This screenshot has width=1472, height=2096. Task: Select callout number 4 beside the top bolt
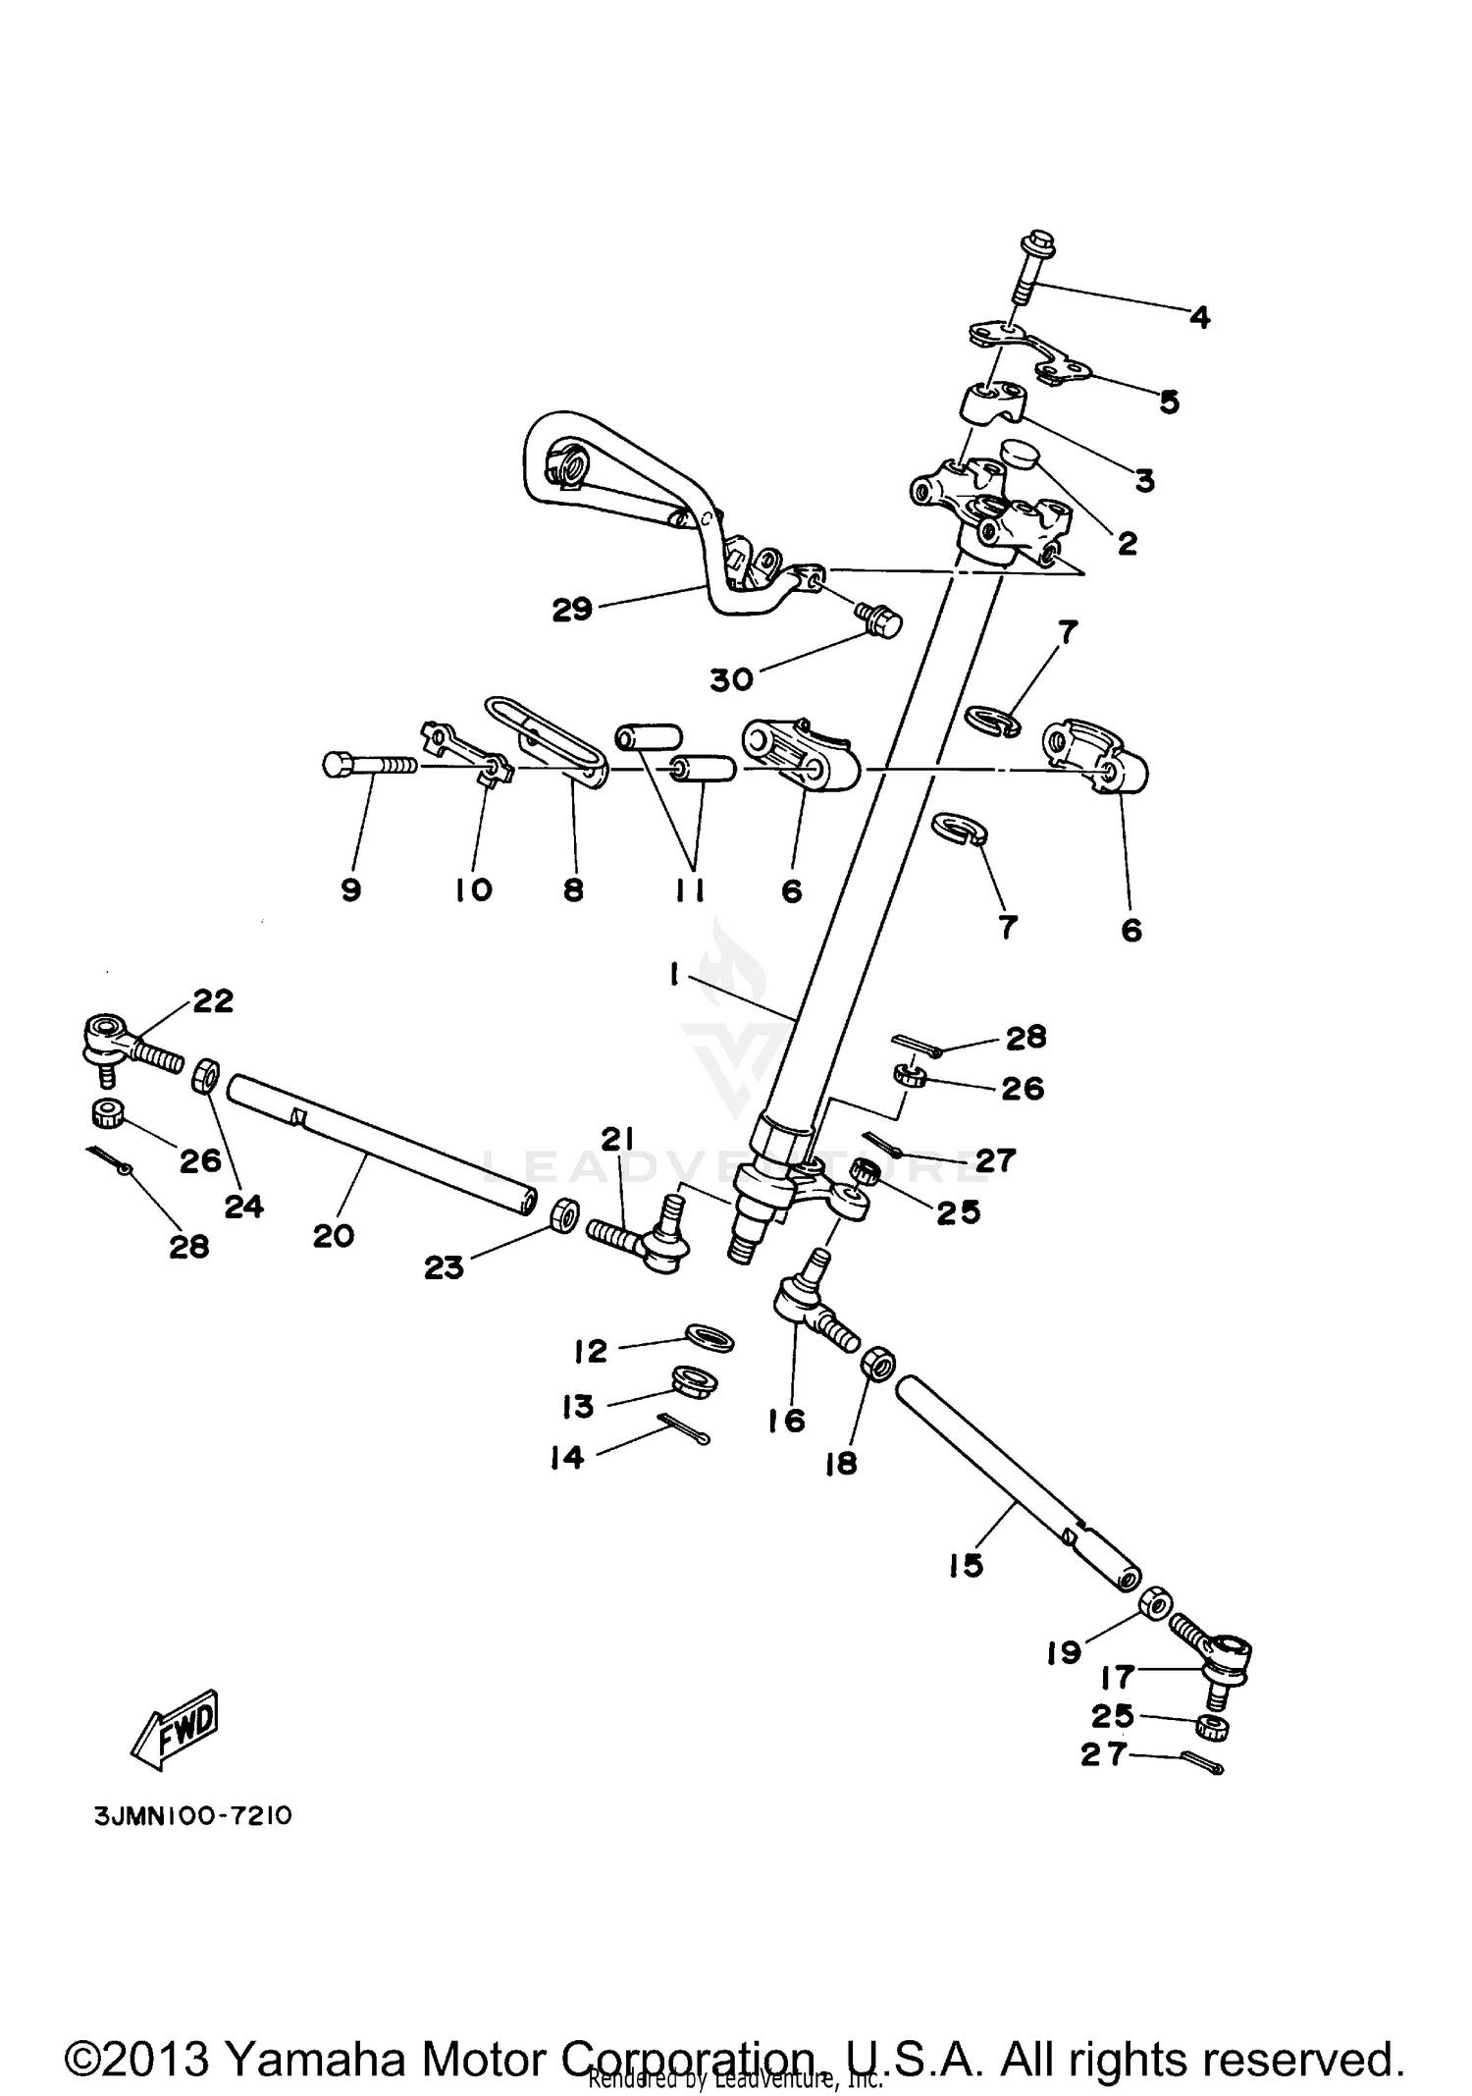(1199, 317)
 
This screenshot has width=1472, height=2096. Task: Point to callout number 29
(572, 610)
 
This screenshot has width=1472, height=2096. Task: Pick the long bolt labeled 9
(369, 765)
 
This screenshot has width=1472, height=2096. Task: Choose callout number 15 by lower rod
(967, 1565)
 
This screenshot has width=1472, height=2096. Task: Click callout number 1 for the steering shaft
(675, 974)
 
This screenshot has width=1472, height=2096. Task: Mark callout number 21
(616, 1139)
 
